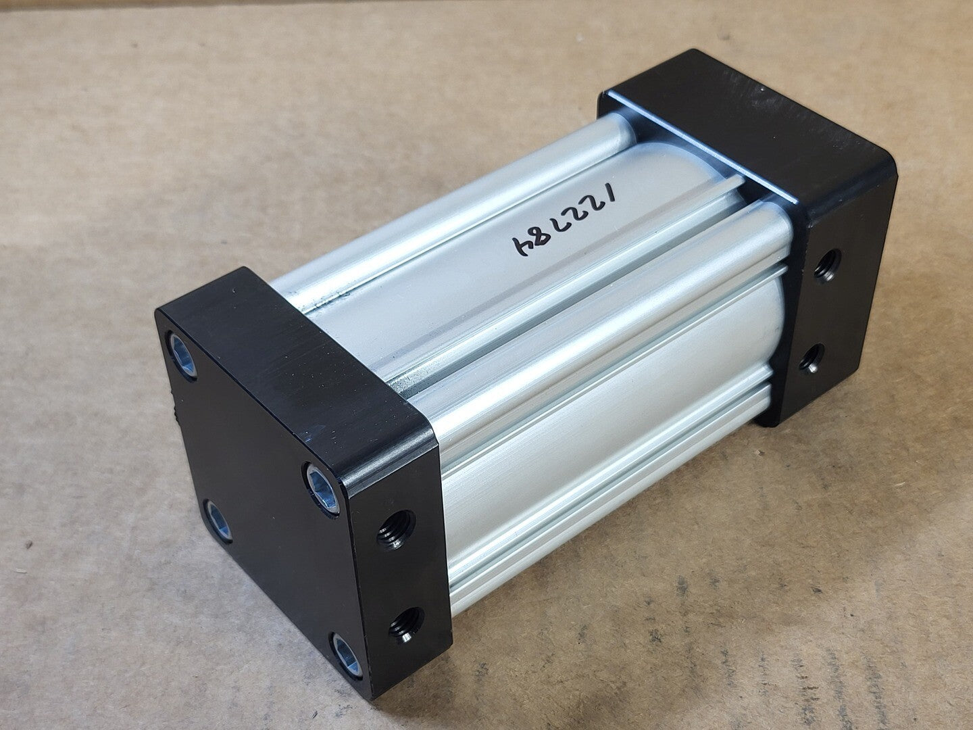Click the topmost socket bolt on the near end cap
click(x=183, y=356)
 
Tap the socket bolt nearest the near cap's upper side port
click(x=323, y=488)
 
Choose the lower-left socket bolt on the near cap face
click(x=218, y=521)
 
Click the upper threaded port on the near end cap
click(x=396, y=530)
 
